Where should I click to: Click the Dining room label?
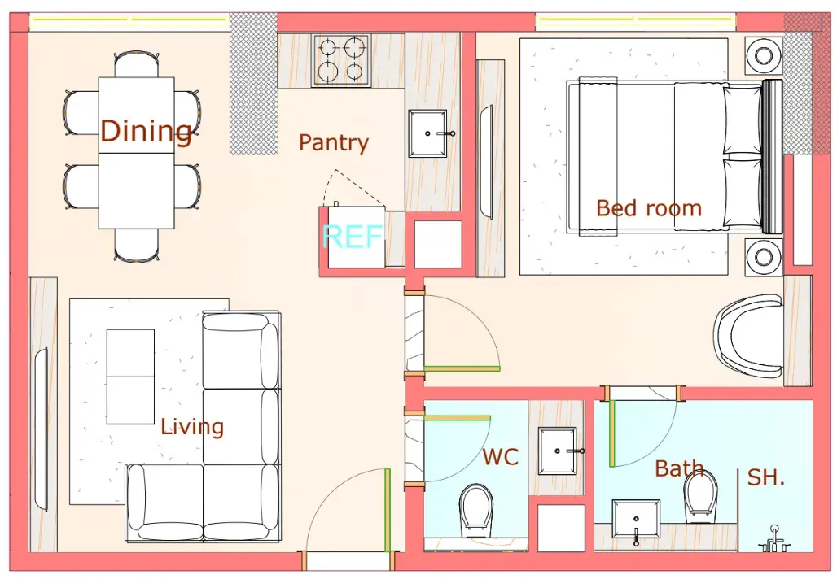[146, 131]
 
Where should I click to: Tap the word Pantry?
[334, 143]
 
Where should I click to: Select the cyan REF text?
[353, 236]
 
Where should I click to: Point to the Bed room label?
[649, 208]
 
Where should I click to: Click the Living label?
[192, 426]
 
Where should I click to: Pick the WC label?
[500, 457]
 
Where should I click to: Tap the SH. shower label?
[765, 477]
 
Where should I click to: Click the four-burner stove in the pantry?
[342, 59]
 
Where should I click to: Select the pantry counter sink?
[428, 133]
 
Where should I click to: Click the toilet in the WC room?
[475, 510]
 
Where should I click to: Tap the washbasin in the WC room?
[558, 451]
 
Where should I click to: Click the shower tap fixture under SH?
[773, 539]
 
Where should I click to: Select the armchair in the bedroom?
[748, 337]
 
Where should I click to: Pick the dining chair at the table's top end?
[137, 64]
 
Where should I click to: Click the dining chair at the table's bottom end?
[137, 246]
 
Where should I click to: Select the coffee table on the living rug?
[130, 377]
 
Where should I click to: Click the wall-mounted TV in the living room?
[41, 429]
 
